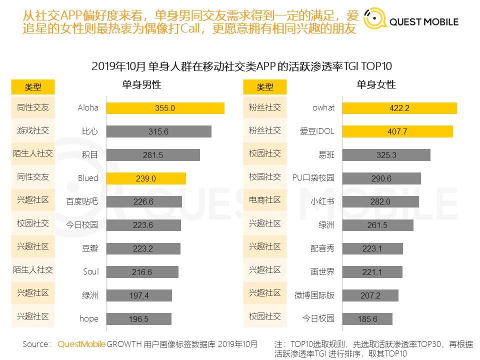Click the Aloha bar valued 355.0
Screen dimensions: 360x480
click(x=165, y=108)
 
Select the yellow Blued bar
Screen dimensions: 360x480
click(x=146, y=178)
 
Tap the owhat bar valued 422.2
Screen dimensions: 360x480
click(x=399, y=108)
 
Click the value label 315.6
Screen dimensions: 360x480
click(x=158, y=131)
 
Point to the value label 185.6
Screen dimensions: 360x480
click(x=367, y=319)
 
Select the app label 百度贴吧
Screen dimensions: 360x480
click(x=82, y=201)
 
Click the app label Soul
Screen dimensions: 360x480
click(x=90, y=272)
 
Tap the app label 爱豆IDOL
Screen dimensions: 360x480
click(x=317, y=131)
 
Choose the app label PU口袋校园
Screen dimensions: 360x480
click(x=313, y=178)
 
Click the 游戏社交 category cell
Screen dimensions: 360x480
click(x=33, y=131)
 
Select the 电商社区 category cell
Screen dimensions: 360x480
click(x=265, y=200)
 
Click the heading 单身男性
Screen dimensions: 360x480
click(x=141, y=85)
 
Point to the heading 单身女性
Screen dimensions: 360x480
click(x=376, y=85)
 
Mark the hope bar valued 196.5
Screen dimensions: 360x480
click(x=139, y=319)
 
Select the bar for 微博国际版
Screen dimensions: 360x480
click(x=370, y=295)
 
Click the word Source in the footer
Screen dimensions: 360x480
click(x=36, y=344)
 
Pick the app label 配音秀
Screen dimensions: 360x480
click(x=322, y=248)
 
